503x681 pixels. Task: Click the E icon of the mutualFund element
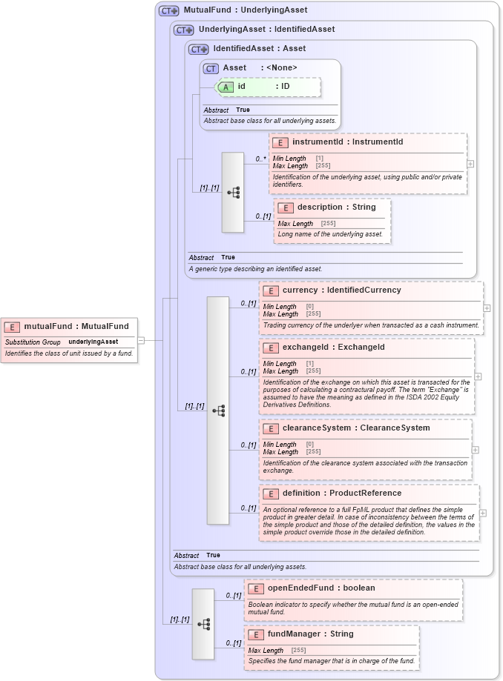pyautogui.click(x=13, y=327)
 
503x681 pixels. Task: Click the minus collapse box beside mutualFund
pyautogui.click(x=141, y=341)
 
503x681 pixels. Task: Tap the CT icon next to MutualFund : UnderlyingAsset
pyautogui.click(x=169, y=11)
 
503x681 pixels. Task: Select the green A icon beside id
pyautogui.click(x=226, y=87)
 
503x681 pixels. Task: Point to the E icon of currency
pyautogui.click(x=271, y=291)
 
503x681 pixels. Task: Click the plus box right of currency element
pyautogui.click(x=487, y=308)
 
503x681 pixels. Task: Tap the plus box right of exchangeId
pyautogui.click(x=479, y=376)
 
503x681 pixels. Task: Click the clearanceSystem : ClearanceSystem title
pyautogui.click(x=356, y=428)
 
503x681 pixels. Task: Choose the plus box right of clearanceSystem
pyautogui.click(x=475, y=449)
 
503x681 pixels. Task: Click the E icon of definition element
pyautogui.click(x=271, y=494)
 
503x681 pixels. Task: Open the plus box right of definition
pyautogui.click(x=483, y=512)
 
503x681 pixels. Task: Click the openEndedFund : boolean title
pyautogui.click(x=321, y=588)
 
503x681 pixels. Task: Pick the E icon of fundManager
pyautogui.click(x=256, y=634)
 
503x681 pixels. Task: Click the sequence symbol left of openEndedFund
pyautogui.click(x=203, y=624)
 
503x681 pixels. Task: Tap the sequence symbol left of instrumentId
pyautogui.click(x=233, y=193)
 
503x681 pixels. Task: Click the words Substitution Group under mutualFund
pyautogui.click(x=33, y=342)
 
